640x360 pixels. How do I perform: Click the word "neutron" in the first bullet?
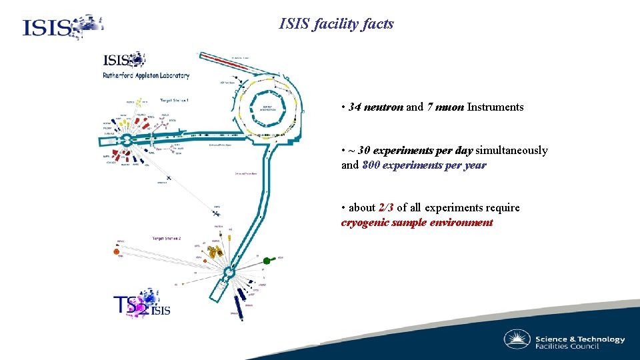[x=383, y=107]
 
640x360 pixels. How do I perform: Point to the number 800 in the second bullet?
[x=371, y=165]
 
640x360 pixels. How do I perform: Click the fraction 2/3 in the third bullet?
[x=386, y=208]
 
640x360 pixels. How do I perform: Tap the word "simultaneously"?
[x=512, y=151]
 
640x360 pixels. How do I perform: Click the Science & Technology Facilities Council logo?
[x=564, y=341]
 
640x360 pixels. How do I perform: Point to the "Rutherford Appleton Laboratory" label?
[x=146, y=76]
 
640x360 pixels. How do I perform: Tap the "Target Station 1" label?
[x=175, y=101]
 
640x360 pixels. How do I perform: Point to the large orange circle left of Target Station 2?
[x=117, y=252]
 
